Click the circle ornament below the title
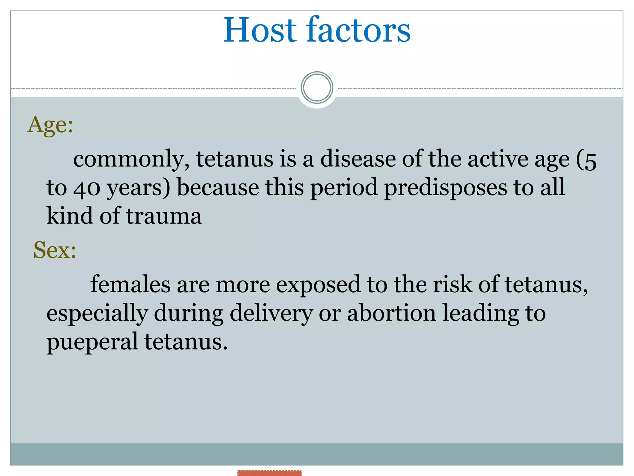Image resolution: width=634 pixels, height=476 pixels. tap(317, 88)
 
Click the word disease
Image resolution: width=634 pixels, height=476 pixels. tap(358, 159)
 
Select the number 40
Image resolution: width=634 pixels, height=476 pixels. tap(87, 188)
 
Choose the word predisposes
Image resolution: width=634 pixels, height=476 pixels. tap(446, 188)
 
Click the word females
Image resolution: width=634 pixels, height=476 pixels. tap(130, 284)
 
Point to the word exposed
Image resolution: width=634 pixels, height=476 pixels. tap(318, 285)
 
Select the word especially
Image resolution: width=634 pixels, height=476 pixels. tap(97, 314)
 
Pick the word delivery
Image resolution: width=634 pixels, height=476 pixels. tap(271, 314)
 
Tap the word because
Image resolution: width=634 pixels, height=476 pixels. tap(218, 188)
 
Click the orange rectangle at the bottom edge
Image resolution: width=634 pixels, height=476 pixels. tap(269, 473)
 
